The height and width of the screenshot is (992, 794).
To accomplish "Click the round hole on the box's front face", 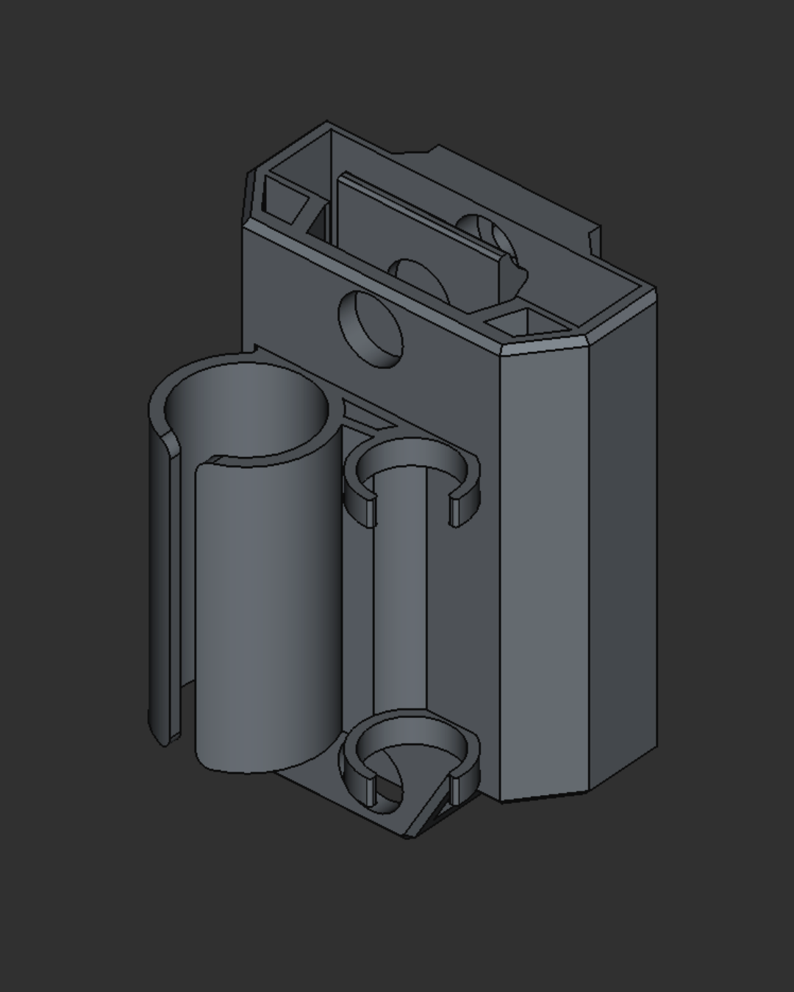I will click(372, 328).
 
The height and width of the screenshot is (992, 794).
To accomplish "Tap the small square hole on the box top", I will click(521, 322).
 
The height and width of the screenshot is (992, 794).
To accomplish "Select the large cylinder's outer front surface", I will click(265, 617).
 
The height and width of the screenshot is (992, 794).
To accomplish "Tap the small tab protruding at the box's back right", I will click(594, 239).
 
